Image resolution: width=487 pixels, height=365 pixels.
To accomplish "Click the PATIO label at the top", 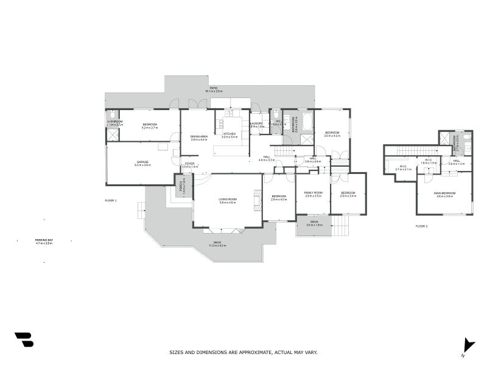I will [x=214, y=88].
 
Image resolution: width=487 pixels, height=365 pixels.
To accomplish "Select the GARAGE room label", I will [x=142, y=162].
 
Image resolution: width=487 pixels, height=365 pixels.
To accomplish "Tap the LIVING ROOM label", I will [x=228, y=200].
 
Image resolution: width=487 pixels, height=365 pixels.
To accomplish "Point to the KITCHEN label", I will [x=229, y=134].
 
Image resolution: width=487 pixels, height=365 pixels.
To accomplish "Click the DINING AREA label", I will [x=199, y=136].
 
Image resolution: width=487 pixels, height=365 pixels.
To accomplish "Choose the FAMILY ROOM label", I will [x=313, y=193].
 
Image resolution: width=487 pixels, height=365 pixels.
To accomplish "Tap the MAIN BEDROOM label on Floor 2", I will [x=446, y=193].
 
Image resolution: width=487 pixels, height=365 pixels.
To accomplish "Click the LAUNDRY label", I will [x=256, y=123].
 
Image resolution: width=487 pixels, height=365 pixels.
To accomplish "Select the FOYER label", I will [x=190, y=164].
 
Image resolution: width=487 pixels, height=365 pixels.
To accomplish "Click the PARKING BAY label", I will [x=44, y=240].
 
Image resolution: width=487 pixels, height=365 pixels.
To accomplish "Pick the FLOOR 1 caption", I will [x=110, y=200].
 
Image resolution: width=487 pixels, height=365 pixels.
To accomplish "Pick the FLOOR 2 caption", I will [x=421, y=226].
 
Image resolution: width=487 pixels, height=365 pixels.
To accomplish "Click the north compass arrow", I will [x=468, y=344].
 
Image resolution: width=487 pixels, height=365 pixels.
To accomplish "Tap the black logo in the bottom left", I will [x=24, y=339].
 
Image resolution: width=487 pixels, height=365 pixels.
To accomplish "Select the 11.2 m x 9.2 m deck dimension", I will [x=217, y=245].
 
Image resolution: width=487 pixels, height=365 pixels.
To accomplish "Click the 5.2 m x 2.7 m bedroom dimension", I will [x=150, y=128].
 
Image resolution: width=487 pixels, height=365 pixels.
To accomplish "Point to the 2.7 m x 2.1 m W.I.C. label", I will [x=404, y=169].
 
